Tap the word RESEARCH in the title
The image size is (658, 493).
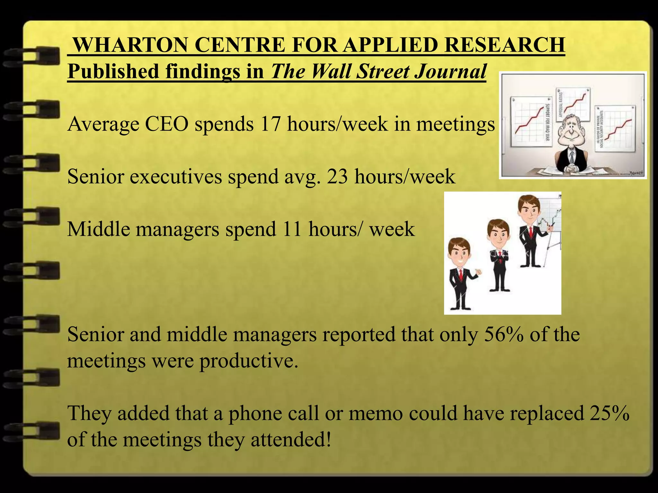pyautogui.click(x=504, y=45)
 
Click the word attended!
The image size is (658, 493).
pyautogui.click(x=291, y=440)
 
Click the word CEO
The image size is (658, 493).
pyautogui.click(x=166, y=124)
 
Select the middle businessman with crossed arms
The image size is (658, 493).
pyautogui.click(x=499, y=254)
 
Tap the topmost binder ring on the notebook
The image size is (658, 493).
pyautogui.click(x=32, y=58)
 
